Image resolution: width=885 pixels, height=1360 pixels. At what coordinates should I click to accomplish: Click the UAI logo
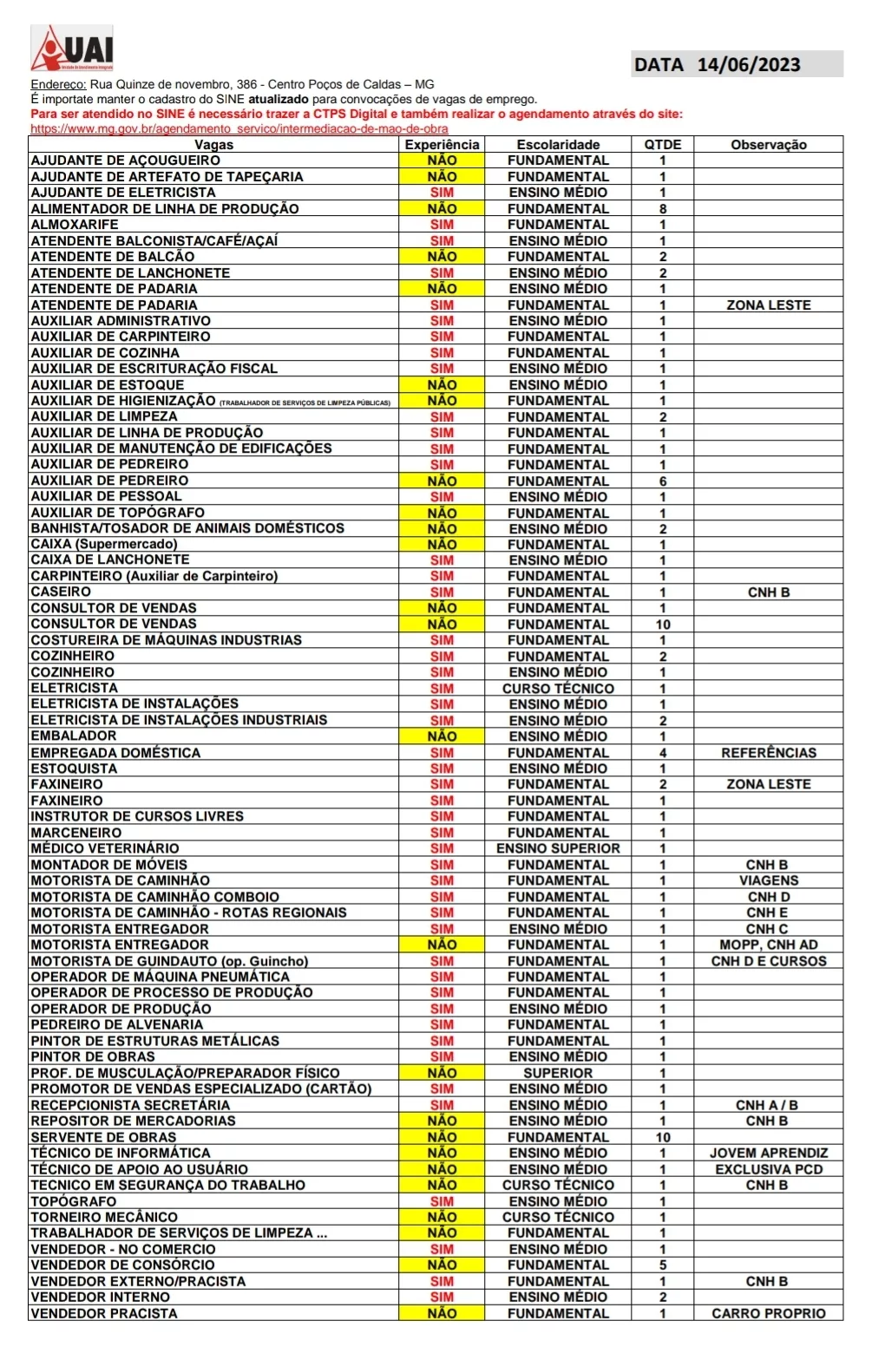tap(73, 49)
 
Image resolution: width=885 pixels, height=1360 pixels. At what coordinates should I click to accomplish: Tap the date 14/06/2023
tap(748, 64)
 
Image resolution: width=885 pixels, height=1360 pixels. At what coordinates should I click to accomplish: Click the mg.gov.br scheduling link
tap(239, 128)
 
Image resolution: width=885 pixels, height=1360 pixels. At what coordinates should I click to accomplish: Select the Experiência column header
tap(442, 145)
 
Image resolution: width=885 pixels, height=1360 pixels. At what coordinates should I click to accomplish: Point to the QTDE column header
tap(663, 145)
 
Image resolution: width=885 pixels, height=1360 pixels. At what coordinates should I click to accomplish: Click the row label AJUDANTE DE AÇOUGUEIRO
tap(126, 160)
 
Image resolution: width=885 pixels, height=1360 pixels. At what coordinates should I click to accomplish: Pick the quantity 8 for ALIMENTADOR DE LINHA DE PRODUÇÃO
tap(663, 209)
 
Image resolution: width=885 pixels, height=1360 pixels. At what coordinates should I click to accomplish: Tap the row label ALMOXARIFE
tap(75, 225)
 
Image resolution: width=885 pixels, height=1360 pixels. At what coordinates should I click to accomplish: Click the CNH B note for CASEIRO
tap(768, 592)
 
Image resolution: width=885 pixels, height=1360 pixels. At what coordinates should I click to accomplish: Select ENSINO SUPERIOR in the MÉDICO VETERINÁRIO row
tap(558, 848)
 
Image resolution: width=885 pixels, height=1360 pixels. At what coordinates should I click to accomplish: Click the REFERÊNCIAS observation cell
tap(768, 753)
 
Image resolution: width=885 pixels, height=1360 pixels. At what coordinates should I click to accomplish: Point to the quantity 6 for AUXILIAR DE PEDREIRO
tap(663, 481)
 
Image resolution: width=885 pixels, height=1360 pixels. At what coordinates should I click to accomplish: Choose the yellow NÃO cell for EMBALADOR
tap(442, 736)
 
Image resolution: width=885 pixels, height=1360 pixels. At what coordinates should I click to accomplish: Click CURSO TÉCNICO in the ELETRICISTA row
tap(558, 689)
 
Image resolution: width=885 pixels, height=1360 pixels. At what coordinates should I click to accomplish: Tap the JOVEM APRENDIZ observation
tap(768, 1153)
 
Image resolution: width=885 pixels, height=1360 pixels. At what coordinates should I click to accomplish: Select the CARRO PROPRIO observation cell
tap(768, 1313)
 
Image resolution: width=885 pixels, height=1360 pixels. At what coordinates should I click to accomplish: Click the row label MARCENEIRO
tap(76, 833)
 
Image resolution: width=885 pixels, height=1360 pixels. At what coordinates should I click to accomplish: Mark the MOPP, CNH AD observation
tap(768, 945)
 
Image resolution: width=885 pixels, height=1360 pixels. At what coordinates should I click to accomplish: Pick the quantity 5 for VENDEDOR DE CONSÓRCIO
tap(663, 1265)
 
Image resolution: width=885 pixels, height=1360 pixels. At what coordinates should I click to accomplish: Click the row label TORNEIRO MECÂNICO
tap(104, 1217)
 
